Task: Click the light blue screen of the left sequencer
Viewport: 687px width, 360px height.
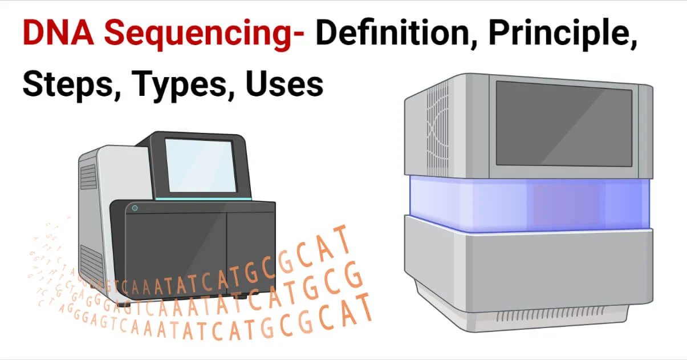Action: [200, 165]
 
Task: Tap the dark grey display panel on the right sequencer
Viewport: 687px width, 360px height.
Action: [563, 122]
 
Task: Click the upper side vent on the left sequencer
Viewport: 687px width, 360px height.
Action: [88, 177]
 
